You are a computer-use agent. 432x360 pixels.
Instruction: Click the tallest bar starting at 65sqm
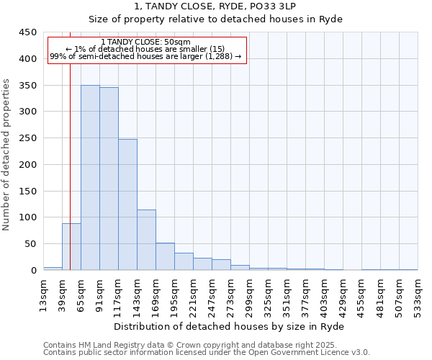[x=90, y=178]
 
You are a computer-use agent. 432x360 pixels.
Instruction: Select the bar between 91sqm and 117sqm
[x=109, y=179]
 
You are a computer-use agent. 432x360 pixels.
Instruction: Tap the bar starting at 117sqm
[x=127, y=204]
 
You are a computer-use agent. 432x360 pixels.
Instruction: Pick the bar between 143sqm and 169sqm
[x=146, y=240]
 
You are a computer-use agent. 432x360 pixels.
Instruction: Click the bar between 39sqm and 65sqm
[x=71, y=247]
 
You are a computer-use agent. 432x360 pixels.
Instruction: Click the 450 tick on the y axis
[x=27, y=32]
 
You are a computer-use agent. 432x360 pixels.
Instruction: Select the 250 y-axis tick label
[x=27, y=138]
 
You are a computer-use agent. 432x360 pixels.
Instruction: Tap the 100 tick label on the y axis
[x=27, y=217]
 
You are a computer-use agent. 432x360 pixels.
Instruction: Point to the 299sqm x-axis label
[x=249, y=295]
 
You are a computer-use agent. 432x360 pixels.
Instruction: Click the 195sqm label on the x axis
[x=174, y=295]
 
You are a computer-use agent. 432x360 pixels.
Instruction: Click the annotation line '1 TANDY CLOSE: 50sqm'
[x=146, y=42]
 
